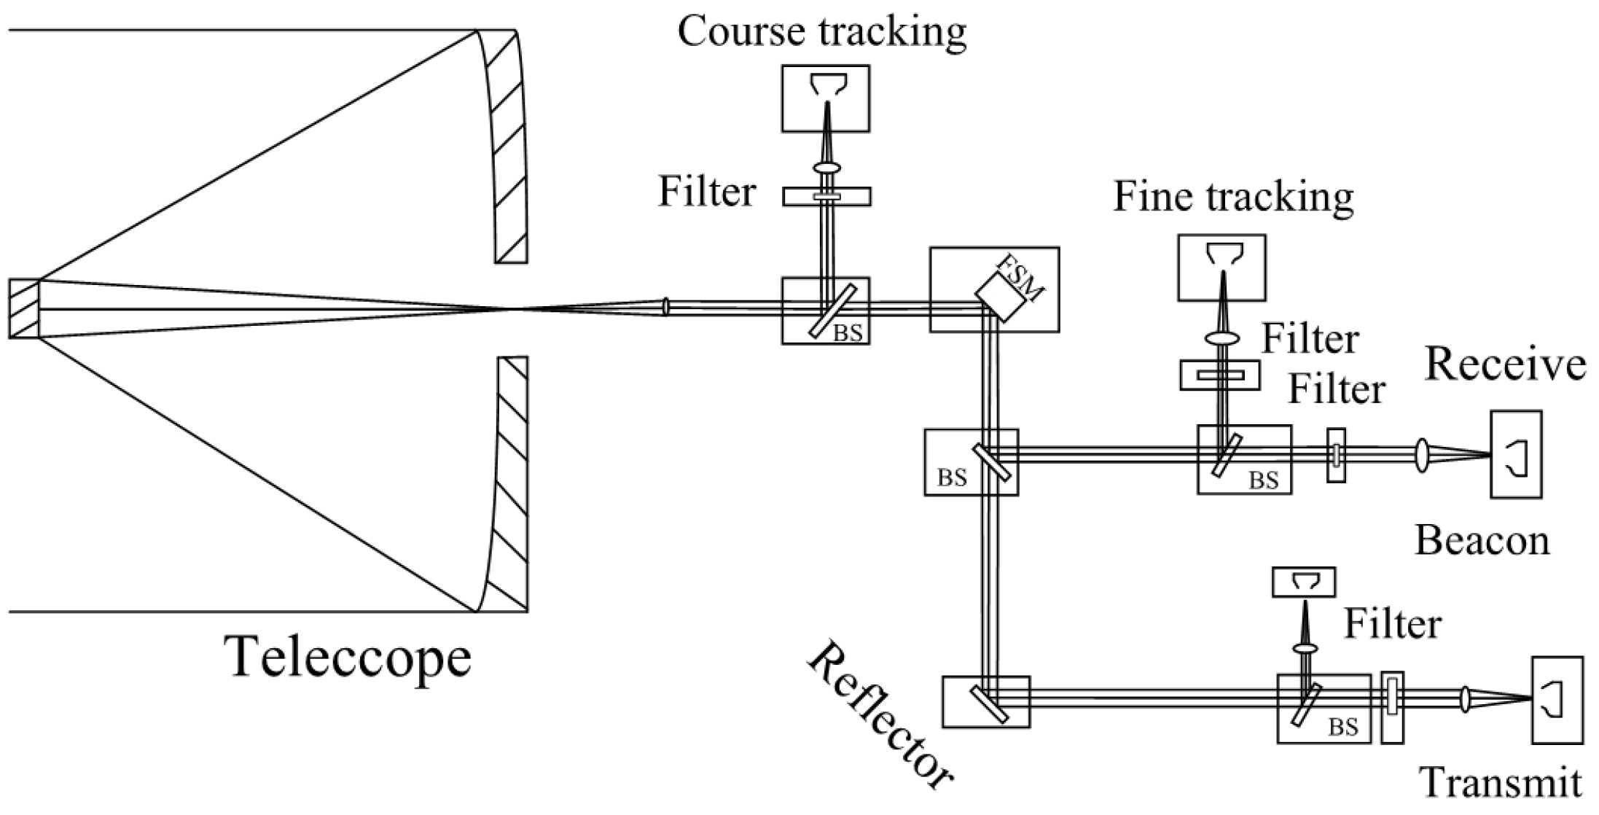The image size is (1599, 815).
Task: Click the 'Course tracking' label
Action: click(x=821, y=32)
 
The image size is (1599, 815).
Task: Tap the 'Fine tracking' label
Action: click(x=1233, y=198)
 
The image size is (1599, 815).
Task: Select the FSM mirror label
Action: click(x=1020, y=278)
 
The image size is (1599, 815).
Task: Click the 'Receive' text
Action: click(x=1505, y=364)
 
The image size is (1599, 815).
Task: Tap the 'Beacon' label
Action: click(x=1482, y=542)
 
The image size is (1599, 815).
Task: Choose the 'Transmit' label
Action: click(x=1502, y=784)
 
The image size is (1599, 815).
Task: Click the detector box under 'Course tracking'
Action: click(x=825, y=98)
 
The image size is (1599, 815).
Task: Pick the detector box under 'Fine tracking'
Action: click(x=1221, y=268)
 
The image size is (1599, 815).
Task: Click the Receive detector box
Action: click(x=1516, y=454)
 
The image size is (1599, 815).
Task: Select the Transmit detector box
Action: click(x=1557, y=700)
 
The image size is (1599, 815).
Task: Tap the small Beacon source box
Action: click(x=1304, y=582)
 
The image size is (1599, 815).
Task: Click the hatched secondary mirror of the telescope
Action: click(x=24, y=309)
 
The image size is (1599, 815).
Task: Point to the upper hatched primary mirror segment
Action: click(x=508, y=146)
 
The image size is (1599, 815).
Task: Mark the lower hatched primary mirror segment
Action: click(x=510, y=485)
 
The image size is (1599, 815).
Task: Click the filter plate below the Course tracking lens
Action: click(x=826, y=196)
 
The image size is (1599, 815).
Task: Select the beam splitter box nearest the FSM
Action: click(x=825, y=311)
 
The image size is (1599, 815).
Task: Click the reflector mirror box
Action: click(x=985, y=701)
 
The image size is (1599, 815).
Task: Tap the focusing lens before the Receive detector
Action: click(x=1421, y=455)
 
